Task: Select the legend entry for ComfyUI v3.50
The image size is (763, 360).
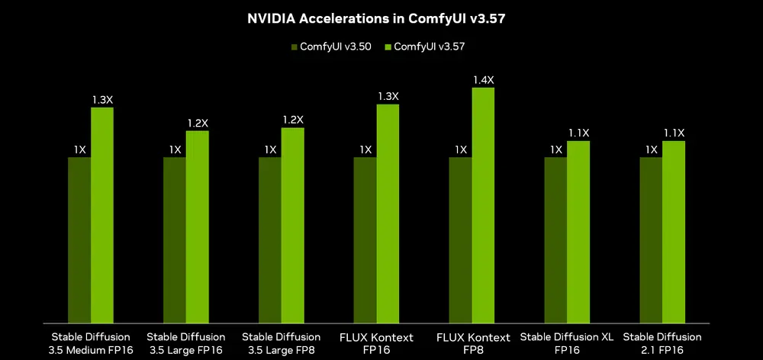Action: [x=329, y=47]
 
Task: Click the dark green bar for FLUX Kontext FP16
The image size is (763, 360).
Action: [x=365, y=239]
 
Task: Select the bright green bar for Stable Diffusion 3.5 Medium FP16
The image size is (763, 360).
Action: [x=102, y=214]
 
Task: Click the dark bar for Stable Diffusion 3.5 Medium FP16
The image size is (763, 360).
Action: [x=79, y=239]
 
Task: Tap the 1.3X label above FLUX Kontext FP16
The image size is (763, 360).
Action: [x=388, y=96]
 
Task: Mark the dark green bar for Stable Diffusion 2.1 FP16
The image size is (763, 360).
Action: [x=651, y=239]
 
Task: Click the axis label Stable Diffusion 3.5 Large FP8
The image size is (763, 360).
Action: [x=281, y=342]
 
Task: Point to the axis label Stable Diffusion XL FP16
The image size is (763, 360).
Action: [x=567, y=342]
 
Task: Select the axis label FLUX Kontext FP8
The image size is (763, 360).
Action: [x=472, y=342]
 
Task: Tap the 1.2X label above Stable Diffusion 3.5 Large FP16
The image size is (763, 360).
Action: [x=198, y=123]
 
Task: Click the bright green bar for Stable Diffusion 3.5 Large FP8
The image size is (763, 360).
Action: [x=293, y=224]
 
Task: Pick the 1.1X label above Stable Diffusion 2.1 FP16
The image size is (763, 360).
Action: [x=674, y=133]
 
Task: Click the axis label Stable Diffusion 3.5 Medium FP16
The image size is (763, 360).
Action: [x=91, y=342]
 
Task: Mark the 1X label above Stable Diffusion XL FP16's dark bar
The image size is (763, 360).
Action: [x=556, y=149]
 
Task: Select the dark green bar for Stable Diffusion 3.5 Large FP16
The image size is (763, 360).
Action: [x=175, y=239]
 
